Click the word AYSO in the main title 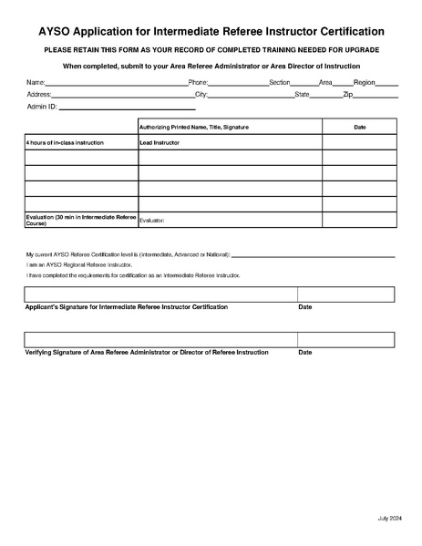(x=46, y=31)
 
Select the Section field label (x=279, y=82)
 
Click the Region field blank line (x=387, y=83)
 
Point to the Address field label (x=38, y=94)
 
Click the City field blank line (x=251, y=95)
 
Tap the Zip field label (x=347, y=94)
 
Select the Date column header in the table (x=359, y=127)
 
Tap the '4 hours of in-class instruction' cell (x=81, y=143)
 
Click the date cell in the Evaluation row (x=359, y=219)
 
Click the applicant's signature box (x=160, y=294)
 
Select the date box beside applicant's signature (x=345, y=294)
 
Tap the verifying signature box (x=160, y=339)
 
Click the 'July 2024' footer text (x=389, y=519)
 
